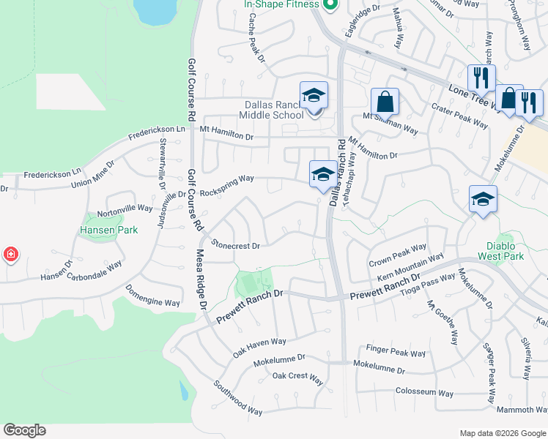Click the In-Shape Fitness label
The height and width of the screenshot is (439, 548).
click(282, 4)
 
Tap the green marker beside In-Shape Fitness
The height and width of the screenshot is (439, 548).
click(330, 5)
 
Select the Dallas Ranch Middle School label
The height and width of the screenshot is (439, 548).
click(273, 109)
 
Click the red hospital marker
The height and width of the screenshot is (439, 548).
click(10, 255)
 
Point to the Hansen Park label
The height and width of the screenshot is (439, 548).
click(108, 230)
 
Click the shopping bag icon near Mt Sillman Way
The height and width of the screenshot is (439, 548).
click(385, 102)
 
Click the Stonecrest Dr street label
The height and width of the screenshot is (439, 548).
click(235, 244)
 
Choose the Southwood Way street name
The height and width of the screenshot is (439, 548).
click(238, 397)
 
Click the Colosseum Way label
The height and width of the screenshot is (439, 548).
click(421, 391)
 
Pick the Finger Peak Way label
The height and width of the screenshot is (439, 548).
click(396, 353)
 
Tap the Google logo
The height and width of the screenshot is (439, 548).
click(24, 430)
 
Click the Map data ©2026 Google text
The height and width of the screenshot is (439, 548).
click(503, 433)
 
